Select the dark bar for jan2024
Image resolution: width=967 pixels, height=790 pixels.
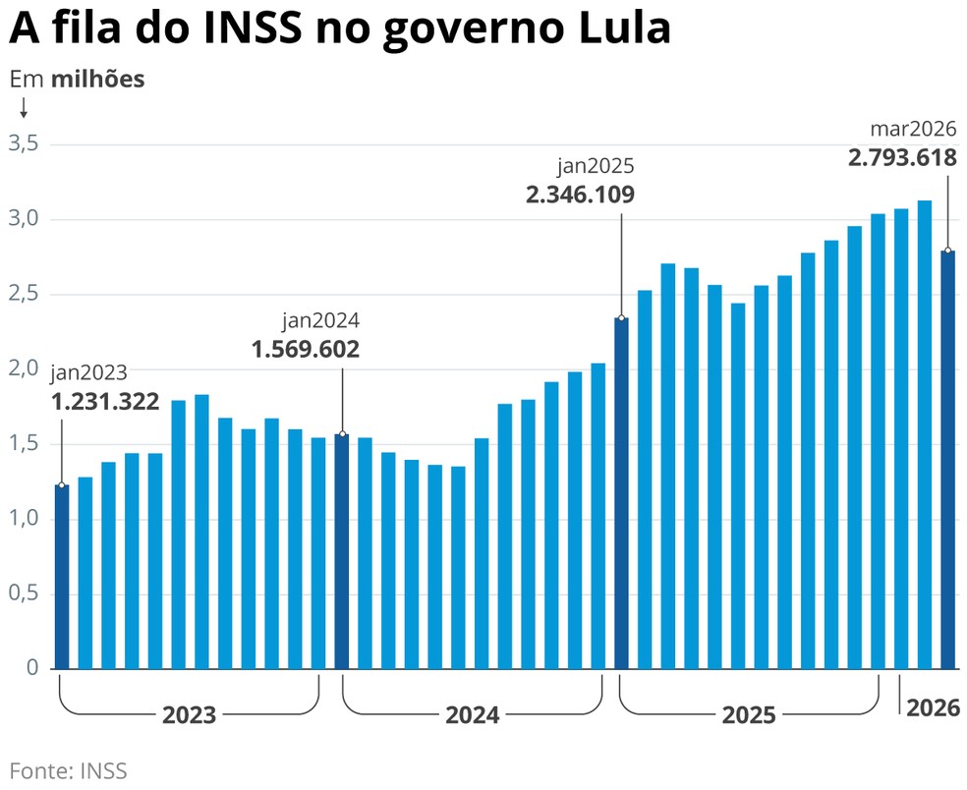pyautogui.click(x=342, y=550)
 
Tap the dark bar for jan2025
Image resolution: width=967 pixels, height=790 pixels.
pyautogui.click(x=621, y=492)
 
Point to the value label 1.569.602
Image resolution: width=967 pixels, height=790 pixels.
pyautogui.click(x=306, y=349)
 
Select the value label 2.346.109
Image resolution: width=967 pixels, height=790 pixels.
pyautogui.click(x=581, y=194)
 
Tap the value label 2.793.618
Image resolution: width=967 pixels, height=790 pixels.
pyautogui.click(x=902, y=157)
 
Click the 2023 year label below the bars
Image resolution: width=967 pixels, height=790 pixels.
pyautogui.click(x=190, y=715)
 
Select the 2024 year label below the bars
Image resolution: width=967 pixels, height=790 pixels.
pyautogui.click(x=472, y=715)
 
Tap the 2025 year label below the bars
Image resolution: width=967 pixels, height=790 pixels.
pyautogui.click(x=749, y=715)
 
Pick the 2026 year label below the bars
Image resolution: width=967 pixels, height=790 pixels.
pyautogui.click(x=933, y=707)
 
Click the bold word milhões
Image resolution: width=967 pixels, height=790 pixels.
pyautogui.click(x=97, y=80)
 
